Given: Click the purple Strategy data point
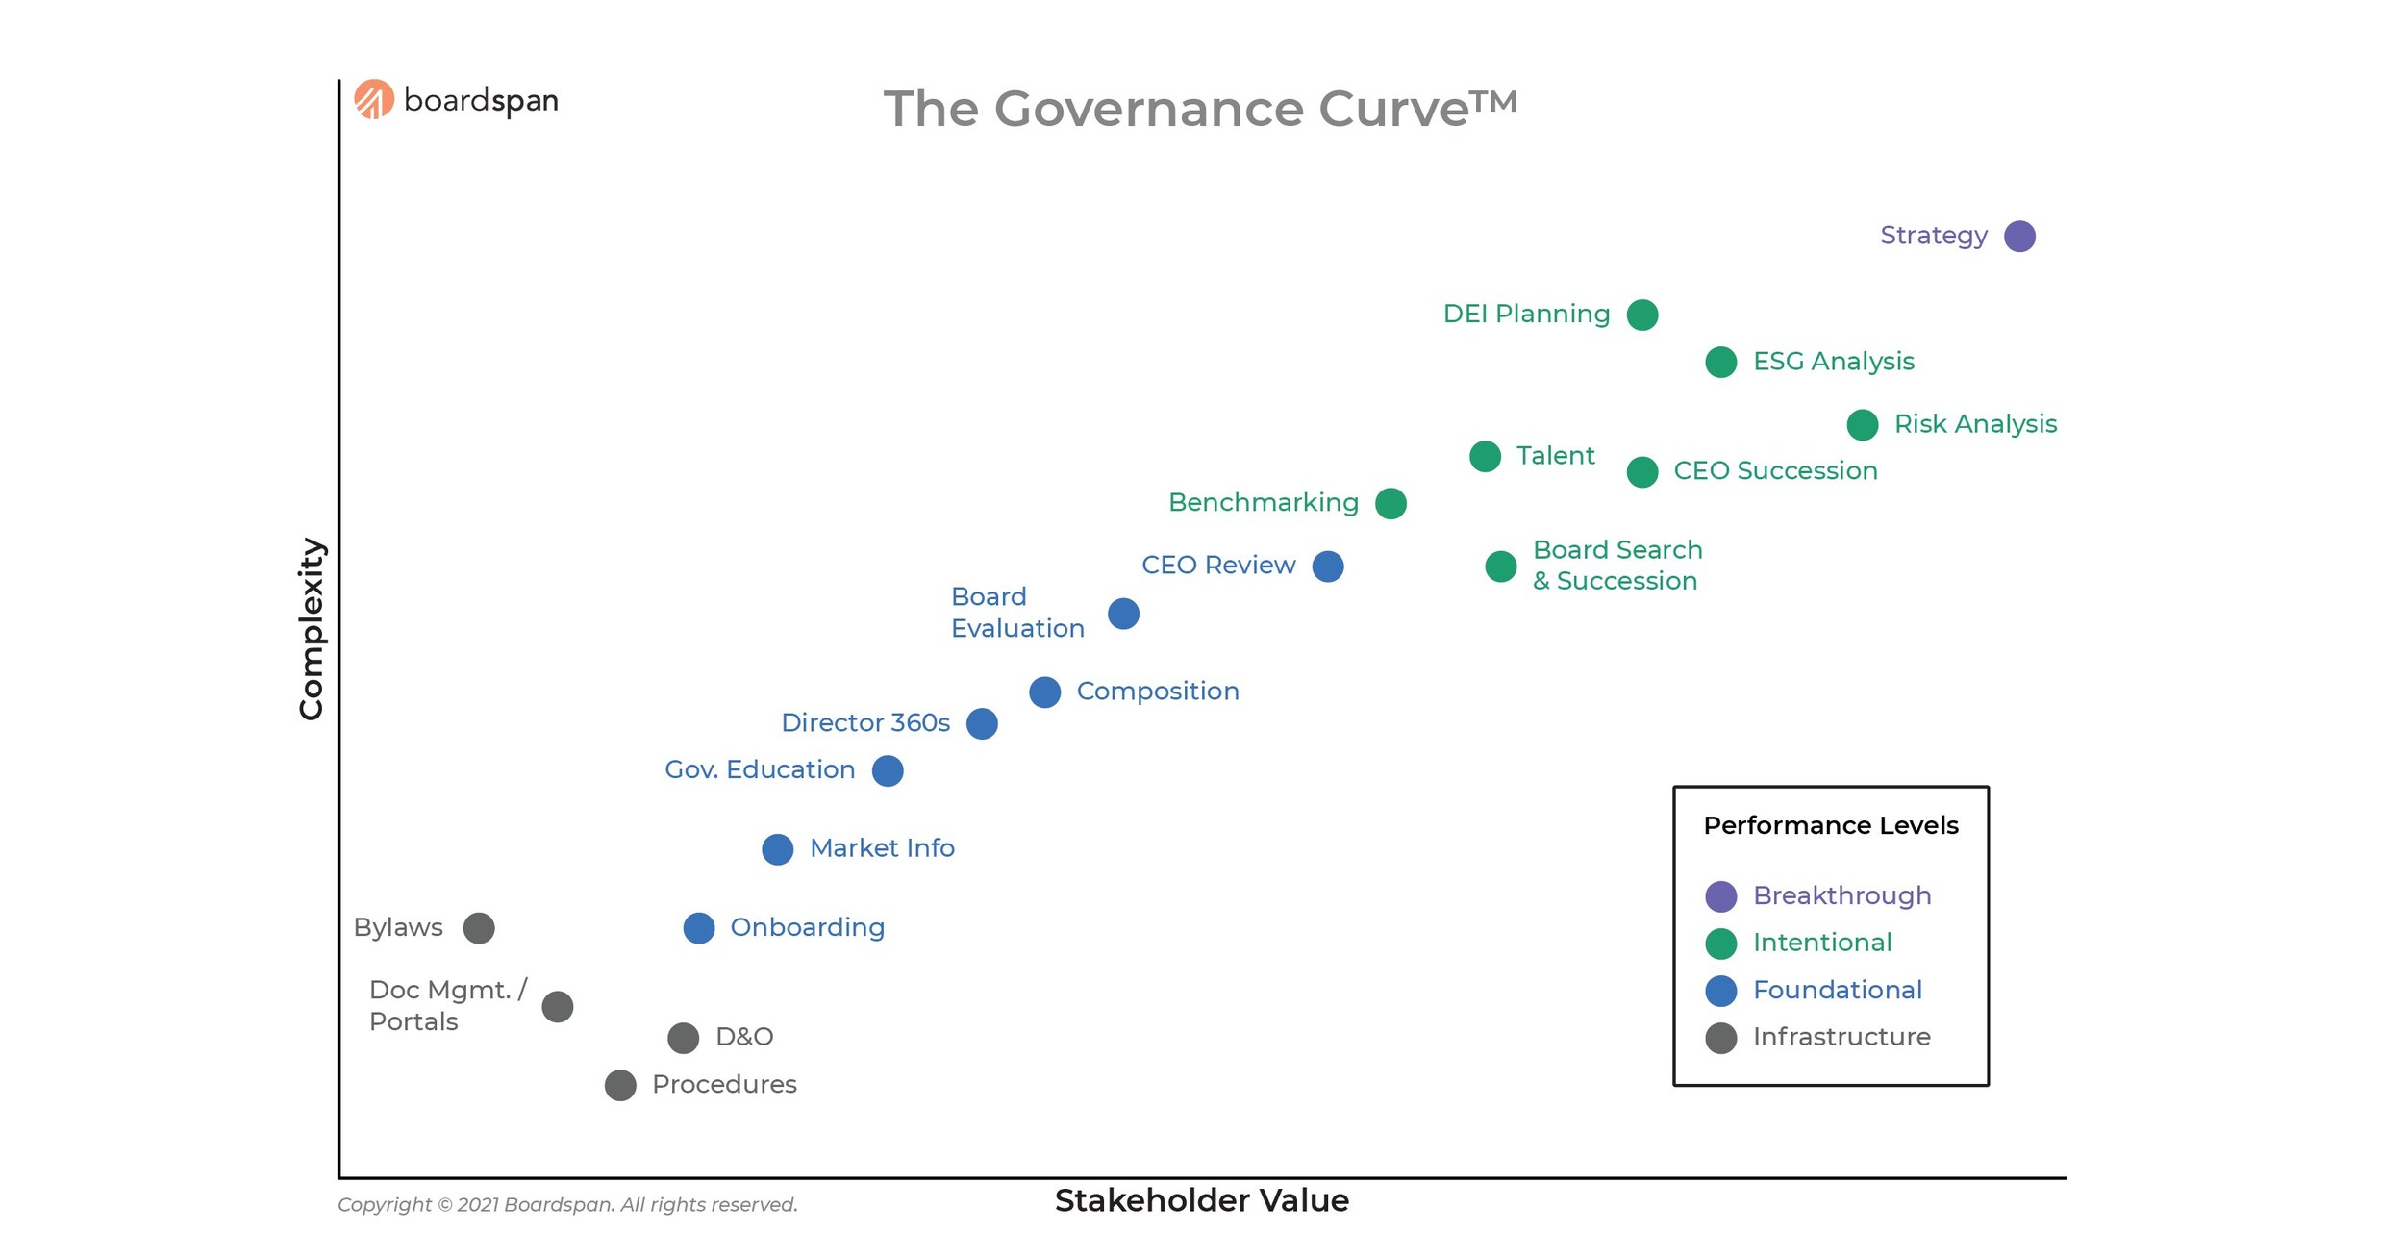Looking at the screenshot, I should pyautogui.click(x=2019, y=236).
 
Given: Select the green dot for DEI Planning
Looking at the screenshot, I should pyautogui.click(x=1642, y=315).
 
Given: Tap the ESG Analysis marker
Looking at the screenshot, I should pyautogui.click(x=1720, y=363).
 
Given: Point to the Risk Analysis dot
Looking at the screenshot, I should pyautogui.click(x=1862, y=425).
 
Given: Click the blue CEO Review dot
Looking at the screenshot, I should pyautogui.click(x=1328, y=567).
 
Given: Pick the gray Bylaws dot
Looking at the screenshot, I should pyautogui.click(x=479, y=928).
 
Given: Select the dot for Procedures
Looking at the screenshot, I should pyautogui.click(x=620, y=1085).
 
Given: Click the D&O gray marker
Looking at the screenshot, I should pyautogui.click(x=683, y=1038).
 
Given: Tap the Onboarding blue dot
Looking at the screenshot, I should pyautogui.click(x=699, y=928).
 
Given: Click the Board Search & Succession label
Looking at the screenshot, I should pyautogui.click(x=1616, y=566).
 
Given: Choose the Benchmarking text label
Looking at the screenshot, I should pyautogui.click(x=1263, y=502).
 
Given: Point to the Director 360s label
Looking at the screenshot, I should pyautogui.click(x=864, y=722).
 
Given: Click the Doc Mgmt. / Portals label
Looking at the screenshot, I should pyautogui.click(x=447, y=1005).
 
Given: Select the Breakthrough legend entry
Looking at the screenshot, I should pyautogui.click(x=1841, y=895).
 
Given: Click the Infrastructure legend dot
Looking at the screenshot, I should pyautogui.click(x=1720, y=1038).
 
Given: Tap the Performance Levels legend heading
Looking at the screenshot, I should pyautogui.click(x=1830, y=825).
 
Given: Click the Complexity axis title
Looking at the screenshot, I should pyautogui.click(x=311, y=628).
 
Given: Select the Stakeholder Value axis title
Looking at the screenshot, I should pyautogui.click(x=1201, y=1200).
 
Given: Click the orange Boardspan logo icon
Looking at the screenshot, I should pyautogui.click(x=374, y=99).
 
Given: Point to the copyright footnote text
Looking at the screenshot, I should pyautogui.click(x=567, y=1204).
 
